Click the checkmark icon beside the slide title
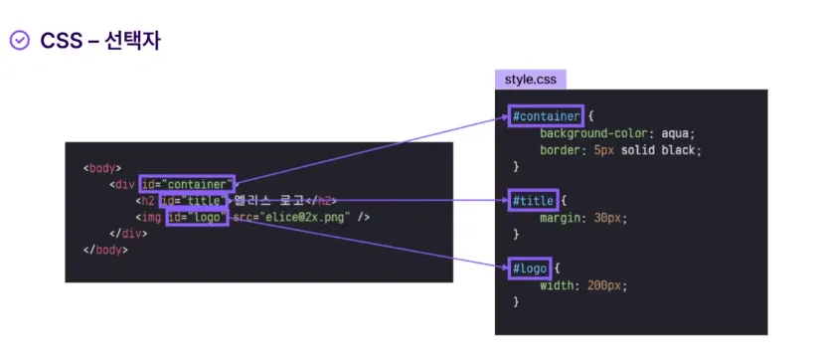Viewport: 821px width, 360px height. tap(19, 41)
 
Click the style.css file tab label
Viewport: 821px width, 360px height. tap(531, 81)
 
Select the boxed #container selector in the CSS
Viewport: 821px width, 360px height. tap(546, 115)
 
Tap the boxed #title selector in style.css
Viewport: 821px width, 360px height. tap(533, 201)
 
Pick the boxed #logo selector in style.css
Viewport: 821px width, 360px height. tap(530, 269)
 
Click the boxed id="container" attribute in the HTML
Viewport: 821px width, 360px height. tap(187, 184)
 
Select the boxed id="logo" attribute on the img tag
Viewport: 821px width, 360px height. tap(198, 217)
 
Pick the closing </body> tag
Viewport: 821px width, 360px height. tap(105, 250)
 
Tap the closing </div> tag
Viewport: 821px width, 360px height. tap(128, 234)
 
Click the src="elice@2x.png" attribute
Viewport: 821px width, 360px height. tap(291, 217)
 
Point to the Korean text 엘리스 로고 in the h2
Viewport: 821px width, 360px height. tap(269, 201)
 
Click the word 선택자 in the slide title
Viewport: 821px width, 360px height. tap(132, 41)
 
